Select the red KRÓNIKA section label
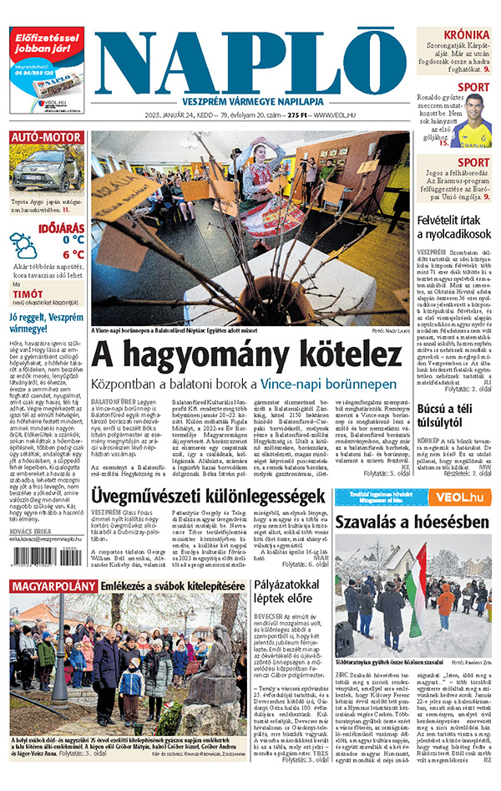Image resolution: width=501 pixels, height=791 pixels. pos(466,34)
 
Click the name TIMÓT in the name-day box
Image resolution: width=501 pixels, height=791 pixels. pos(28,295)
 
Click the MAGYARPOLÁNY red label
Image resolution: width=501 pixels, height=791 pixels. pos(53,585)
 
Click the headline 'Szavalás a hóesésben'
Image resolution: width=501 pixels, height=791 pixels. pos(412,522)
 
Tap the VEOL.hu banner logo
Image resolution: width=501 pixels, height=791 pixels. pos(464,498)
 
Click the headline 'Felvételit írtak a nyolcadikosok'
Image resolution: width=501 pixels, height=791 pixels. pos(453,227)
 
